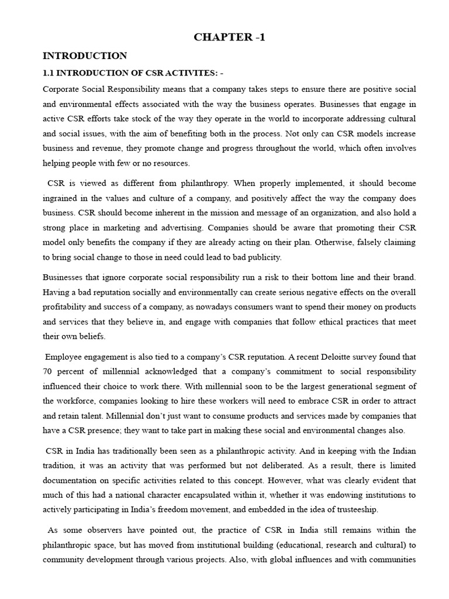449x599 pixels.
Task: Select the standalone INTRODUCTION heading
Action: tap(85, 57)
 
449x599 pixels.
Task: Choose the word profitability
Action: tap(67, 306)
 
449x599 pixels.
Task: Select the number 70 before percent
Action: tap(48, 371)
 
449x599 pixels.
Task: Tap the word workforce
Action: tap(75, 401)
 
